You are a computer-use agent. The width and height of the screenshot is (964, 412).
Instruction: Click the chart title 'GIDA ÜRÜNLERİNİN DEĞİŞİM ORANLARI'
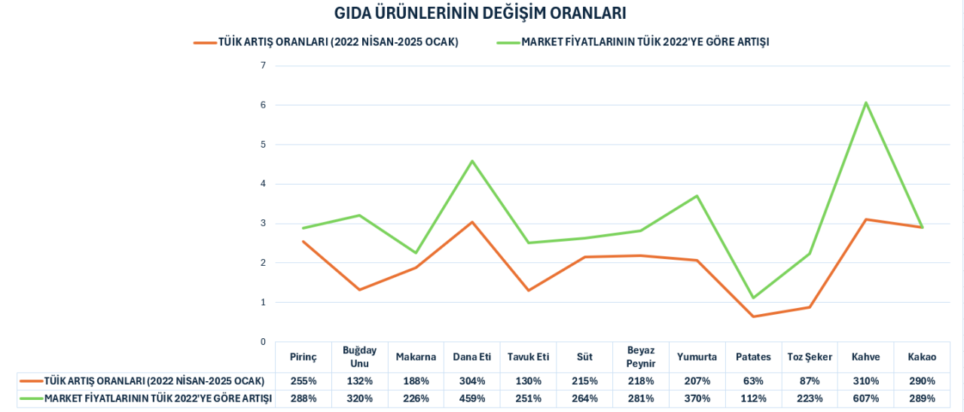pyautogui.click(x=480, y=14)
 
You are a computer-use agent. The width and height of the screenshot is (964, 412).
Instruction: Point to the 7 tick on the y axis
pyautogui.click(x=264, y=66)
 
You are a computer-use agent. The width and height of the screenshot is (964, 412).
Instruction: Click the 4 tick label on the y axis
pyautogui.click(x=264, y=184)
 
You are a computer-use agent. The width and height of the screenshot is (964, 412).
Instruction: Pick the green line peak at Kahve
pyautogui.click(x=866, y=102)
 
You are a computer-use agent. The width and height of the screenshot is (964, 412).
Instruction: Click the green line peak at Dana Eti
pyautogui.click(x=472, y=160)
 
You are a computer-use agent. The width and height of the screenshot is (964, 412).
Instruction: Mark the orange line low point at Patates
pyautogui.click(x=753, y=316)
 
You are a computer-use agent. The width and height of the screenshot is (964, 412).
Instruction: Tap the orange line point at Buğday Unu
pyautogui.click(x=359, y=290)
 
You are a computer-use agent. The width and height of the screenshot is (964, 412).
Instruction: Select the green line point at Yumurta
pyautogui.click(x=697, y=196)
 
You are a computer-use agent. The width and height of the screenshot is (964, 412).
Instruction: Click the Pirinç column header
pyautogui.click(x=304, y=357)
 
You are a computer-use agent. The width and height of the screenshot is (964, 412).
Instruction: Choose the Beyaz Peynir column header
pyautogui.click(x=640, y=357)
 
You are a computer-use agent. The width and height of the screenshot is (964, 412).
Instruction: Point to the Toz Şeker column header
pyautogui.click(x=810, y=357)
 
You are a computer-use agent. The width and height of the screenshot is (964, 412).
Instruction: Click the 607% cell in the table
pyautogui.click(x=865, y=398)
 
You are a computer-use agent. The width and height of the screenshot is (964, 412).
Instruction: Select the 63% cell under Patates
pyautogui.click(x=753, y=381)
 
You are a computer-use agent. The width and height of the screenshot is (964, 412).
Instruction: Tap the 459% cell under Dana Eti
pyautogui.click(x=471, y=398)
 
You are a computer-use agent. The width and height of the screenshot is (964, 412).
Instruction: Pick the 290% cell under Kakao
pyautogui.click(x=922, y=381)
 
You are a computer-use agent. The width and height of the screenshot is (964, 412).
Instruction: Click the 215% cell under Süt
pyautogui.click(x=584, y=381)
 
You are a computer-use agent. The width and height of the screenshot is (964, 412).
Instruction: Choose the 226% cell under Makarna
pyautogui.click(x=416, y=398)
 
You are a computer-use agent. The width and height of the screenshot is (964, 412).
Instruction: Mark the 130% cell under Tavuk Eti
pyautogui.click(x=528, y=381)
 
